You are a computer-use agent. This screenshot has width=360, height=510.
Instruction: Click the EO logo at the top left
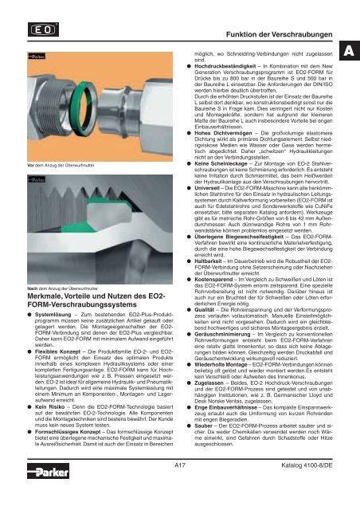point(43,29)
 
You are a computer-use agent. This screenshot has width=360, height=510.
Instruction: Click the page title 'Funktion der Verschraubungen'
point(279,34)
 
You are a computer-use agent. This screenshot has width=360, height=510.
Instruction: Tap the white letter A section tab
point(350,51)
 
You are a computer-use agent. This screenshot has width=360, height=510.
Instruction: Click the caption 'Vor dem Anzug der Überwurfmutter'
point(61,165)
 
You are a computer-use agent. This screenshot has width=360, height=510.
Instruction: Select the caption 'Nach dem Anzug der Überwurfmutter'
point(62,288)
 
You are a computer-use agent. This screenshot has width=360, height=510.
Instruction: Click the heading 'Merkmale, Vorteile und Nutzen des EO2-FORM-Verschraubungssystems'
point(96,300)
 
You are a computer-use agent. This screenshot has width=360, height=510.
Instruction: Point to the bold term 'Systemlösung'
point(53,315)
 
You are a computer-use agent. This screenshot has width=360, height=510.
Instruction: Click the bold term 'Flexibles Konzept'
point(57,351)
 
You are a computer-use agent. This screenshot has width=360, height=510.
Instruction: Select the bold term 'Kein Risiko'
point(49,407)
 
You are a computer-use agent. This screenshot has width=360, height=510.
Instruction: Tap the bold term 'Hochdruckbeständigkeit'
point(225,66)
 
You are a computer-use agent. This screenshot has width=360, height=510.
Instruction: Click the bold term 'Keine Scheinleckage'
point(221,163)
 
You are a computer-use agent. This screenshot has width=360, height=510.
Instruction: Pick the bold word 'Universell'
point(207,188)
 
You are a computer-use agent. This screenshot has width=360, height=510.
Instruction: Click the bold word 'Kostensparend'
point(213,280)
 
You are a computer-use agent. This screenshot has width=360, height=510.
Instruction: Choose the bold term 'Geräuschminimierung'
point(222,335)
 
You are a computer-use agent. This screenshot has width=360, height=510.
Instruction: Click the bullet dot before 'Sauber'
point(189,426)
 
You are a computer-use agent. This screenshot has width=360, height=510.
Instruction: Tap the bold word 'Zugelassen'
point(209,383)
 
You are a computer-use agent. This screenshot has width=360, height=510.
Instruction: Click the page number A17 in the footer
point(180,465)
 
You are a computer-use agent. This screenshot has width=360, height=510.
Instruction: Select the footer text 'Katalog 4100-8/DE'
point(307,465)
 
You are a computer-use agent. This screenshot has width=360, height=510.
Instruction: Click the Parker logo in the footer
point(48,471)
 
